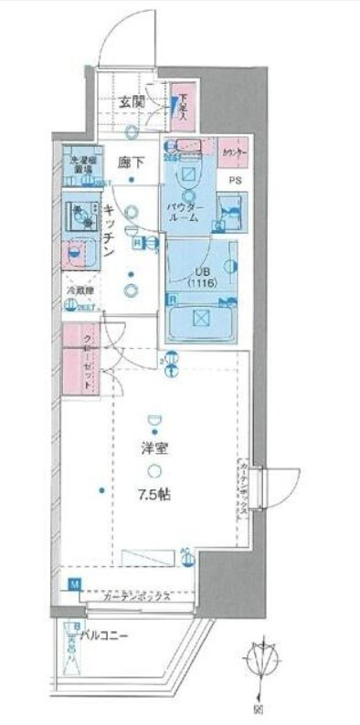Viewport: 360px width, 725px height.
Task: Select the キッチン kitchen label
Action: click(108, 232)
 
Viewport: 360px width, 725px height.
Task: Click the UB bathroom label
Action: click(200, 271)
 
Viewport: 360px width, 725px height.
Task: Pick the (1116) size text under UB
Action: click(200, 284)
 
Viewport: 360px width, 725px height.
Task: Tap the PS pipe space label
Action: click(236, 181)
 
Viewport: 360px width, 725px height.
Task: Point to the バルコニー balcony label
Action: click(110, 633)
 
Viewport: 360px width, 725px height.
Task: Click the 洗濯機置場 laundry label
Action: click(79, 166)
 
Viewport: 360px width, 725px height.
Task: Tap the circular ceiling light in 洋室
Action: click(156, 471)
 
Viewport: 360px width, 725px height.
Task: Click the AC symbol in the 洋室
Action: click(186, 552)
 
